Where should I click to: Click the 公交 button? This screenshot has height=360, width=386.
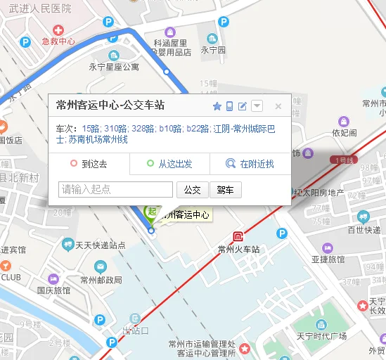pyautogui.click(x=193, y=190)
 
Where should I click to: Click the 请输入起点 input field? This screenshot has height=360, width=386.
pyautogui.click(x=115, y=190)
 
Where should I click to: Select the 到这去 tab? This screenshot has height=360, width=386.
pyautogui.click(x=89, y=164)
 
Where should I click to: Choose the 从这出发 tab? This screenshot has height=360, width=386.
pyautogui.click(x=169, y=164)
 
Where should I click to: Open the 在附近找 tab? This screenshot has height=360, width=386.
pyautogui.click(x=250, y=164)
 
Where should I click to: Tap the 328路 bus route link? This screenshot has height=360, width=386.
pyautogui.click(x=143, y=129)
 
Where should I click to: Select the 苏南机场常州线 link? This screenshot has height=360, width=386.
pyautogui.click(x=98, y=140)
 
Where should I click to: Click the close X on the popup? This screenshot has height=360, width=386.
pyautogui.click(x=278, y=106)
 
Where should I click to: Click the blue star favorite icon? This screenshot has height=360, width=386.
pyautogui.click(x=217, y=106)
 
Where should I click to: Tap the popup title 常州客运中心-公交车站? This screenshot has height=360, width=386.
pyautogui.click(x=110, y=105)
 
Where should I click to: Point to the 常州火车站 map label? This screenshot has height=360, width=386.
pyautogui.click(x=238, y=250)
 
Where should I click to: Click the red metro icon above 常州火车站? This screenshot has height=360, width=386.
pyautogui.click(x=239, y=237)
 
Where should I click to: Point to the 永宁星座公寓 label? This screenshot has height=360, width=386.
pyautogui.click(x=113, y=67)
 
